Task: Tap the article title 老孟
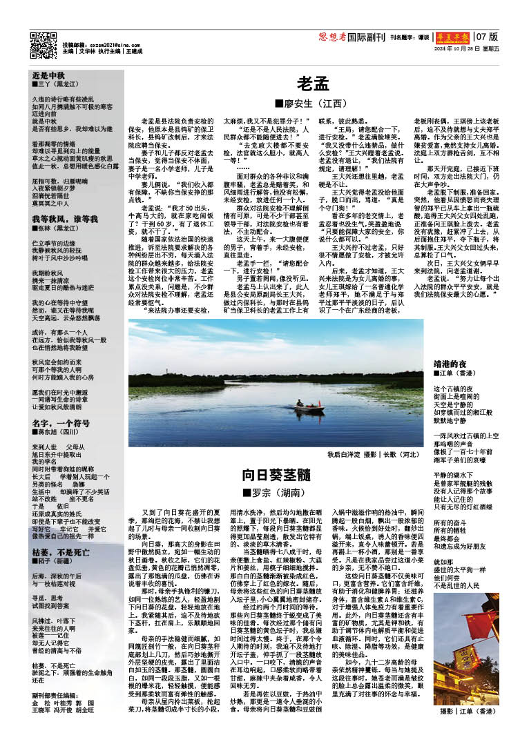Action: coord(313,84)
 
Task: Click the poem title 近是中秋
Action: coord(48,74)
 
